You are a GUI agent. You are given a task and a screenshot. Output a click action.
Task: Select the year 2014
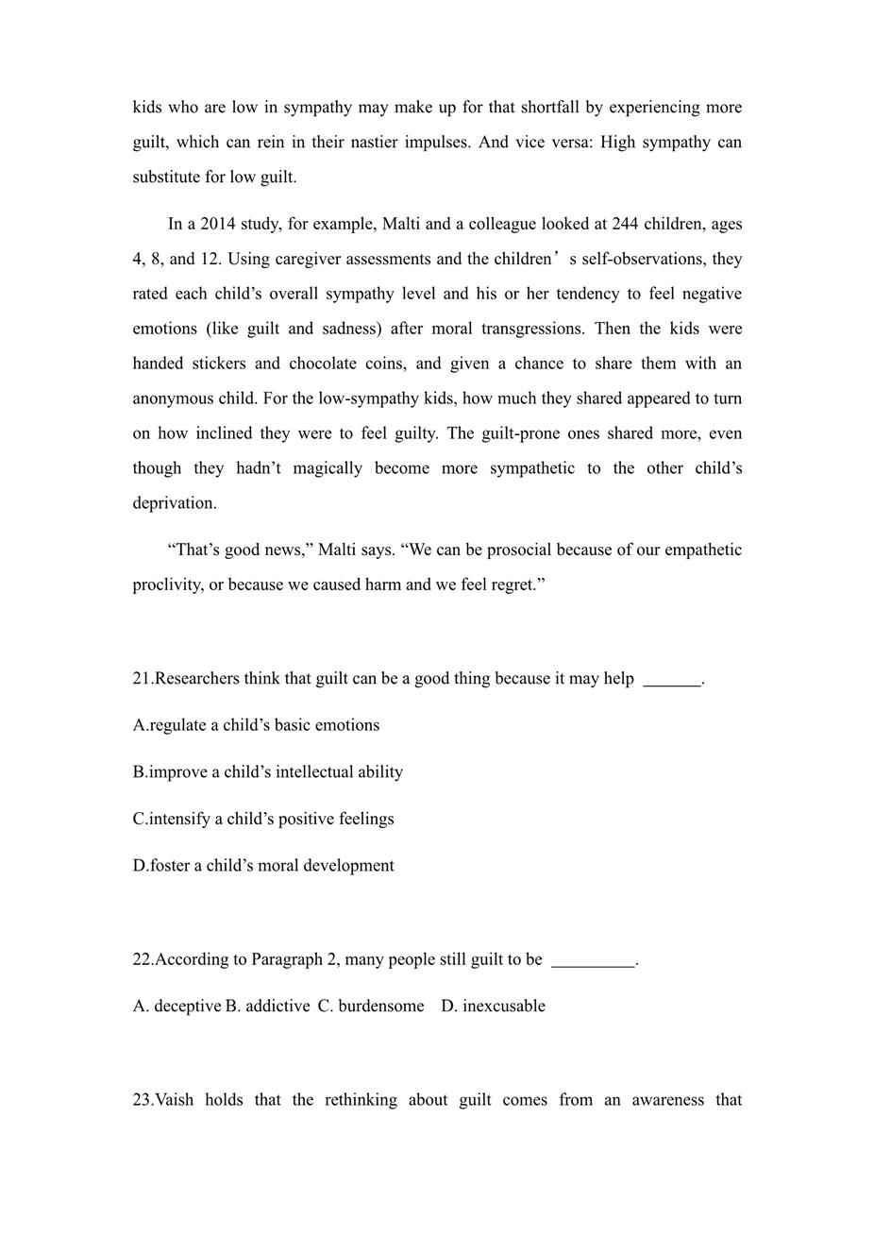point(218,225)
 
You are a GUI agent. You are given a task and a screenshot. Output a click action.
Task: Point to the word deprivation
point(175,503)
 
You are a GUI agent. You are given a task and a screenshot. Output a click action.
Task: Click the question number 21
point(142,679)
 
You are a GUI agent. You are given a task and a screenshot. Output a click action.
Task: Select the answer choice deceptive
point(187,1007)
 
